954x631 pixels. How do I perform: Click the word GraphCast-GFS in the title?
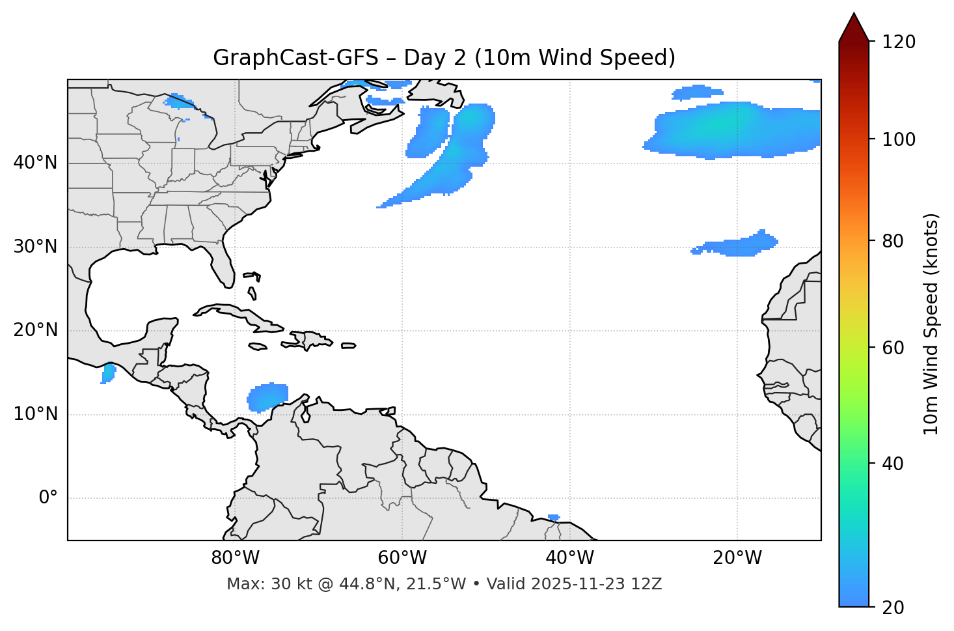[x=295, y=58]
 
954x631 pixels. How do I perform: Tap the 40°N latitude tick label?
[x=35, y=163]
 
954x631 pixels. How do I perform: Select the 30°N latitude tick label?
[x=35, y=247]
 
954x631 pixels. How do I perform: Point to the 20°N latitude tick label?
[x=35, y=330]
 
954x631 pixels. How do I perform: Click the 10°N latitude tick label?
[x=35, y=414]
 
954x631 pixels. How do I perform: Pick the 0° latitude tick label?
[x=48, y=498]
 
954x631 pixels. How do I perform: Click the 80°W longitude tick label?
[x=235, y=558]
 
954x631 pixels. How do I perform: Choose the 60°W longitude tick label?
[x=402, y=558]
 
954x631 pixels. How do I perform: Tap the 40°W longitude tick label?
[x=569, y=558]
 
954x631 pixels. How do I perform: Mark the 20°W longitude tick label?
[x=737, y=558]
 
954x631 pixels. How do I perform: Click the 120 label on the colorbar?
[x=899, y=42]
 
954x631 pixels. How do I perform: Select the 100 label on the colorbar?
[x=899, y=139]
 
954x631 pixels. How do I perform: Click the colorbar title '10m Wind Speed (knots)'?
[x=931, y=324]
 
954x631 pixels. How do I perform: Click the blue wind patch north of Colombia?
[x=267, y=397]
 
